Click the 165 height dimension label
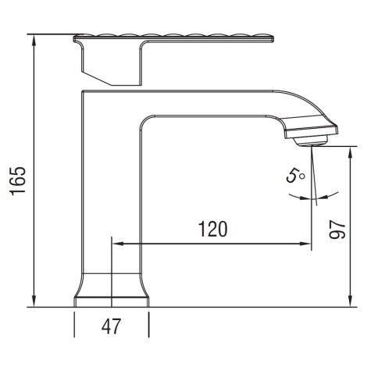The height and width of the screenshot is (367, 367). click(x=18, y=181)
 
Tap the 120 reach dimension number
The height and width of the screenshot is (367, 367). click(x=213, y=229)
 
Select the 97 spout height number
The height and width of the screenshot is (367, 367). click(x=337, y=229)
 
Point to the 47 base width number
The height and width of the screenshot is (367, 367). click(x=111, y=326)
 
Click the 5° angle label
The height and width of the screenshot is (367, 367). click(x=295, y=176)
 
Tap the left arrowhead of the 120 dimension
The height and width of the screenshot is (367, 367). click(x=117, y=244)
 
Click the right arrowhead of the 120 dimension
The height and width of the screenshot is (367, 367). click(x=306, y=244)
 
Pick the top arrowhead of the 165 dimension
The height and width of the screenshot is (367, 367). click(x=34, y=41)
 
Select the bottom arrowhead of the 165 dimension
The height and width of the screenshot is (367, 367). click(x=34, y=301)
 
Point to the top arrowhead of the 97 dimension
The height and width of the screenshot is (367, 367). click(x=351, y=152)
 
